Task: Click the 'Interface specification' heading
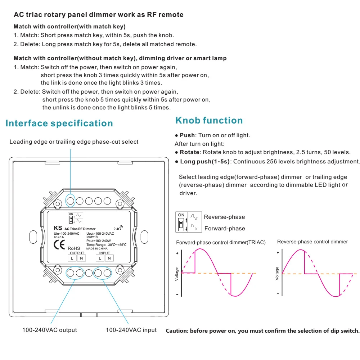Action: click(59, 123)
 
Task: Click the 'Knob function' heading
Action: click(209, 120)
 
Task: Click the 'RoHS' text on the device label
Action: click(75, 248)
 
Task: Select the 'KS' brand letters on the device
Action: click(58, 228)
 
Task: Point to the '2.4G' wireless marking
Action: click(118, 228)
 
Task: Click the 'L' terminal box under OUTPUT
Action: click(72, 258)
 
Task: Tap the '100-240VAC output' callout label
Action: click(50, 330)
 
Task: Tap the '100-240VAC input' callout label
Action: click(131, 330)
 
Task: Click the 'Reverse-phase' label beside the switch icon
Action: click(224, 217)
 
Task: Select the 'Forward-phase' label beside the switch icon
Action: click(225, 228)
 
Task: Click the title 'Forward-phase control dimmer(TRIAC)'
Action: click(221, 243)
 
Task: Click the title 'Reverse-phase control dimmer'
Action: click(312, 242)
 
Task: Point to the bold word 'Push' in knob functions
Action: click(187, 135)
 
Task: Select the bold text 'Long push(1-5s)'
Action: click(204, 161)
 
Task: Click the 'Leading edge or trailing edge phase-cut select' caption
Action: click(74, 142)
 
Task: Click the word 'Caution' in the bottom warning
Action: click(176, 331)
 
